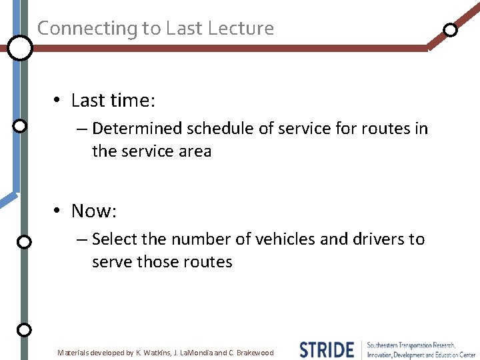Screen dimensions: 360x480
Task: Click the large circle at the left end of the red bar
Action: [20, 47]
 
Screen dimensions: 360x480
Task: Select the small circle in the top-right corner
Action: [451, 29]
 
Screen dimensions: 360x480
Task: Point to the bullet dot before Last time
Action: [59, 101]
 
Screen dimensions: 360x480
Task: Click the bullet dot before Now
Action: [59, 211]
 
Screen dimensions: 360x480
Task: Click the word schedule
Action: [213, 128]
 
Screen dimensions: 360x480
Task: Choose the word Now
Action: [93, 211]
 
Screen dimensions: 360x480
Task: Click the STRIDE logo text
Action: [327, 349]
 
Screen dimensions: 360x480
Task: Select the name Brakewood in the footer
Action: [255, 353]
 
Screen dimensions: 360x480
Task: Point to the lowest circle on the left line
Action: [23, 329]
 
